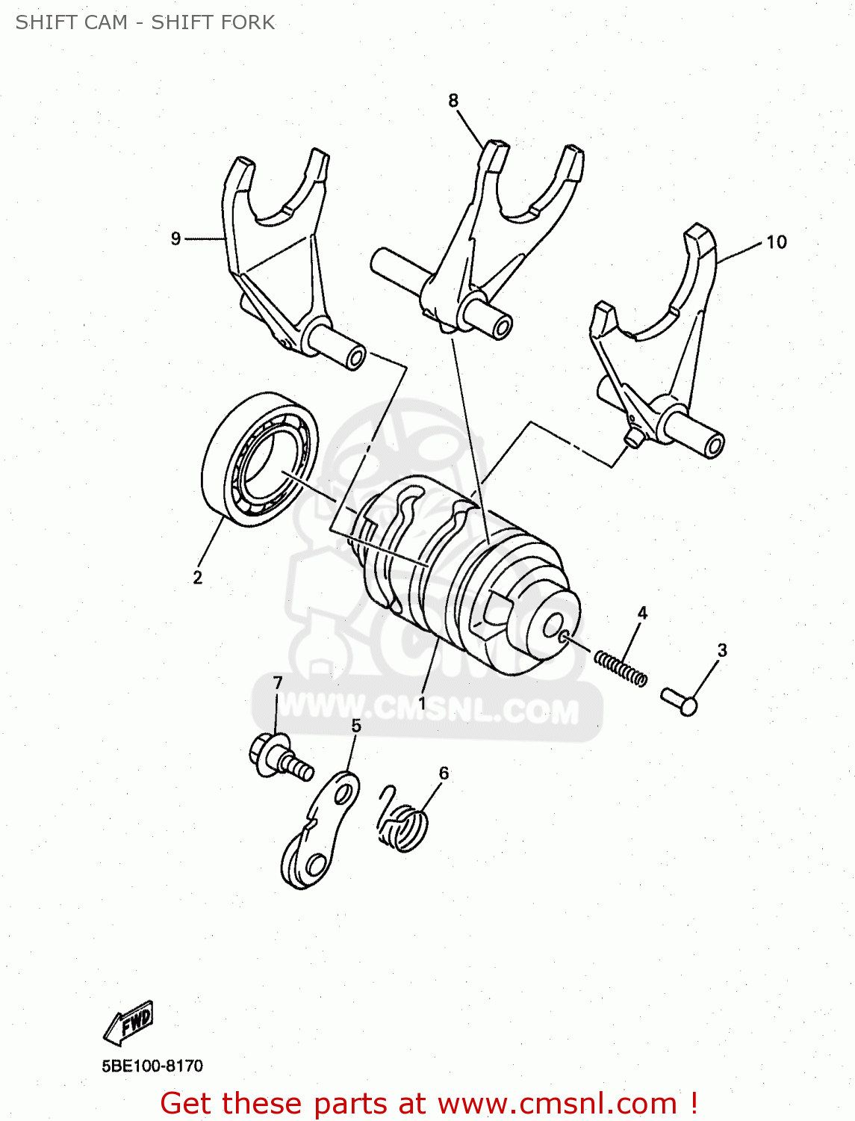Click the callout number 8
pyautogui.click(x=453, y=100)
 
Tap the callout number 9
pyautogui.click(x=176, y=238)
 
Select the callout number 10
pyautogui.click(x=776, y=242)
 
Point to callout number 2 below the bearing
pyautogui.click(x=197, y=578)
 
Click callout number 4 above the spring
pyautogui.click(x=642, y=614)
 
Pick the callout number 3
pyautogui.click(x=721, y=650)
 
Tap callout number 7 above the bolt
pyautogui.click(x=278, y=683)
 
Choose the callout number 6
pyautogui.click(x=444, y=773)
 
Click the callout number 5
pyautogui.click(x=356, y=726)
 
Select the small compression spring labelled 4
pyautogui.click(x=621, y=667)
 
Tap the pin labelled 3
pyautogui.click(x=679, y=701)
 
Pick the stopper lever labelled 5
pyautogui.click(x=320, y=833)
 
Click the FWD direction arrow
pyautogui.click(x=129, y=1022)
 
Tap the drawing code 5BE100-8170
pyautogui.click(x=152, y=1066)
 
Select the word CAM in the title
pyautogui.click(x=105, y=22)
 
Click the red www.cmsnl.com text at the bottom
pyautogui.click(x=557, y=1104)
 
